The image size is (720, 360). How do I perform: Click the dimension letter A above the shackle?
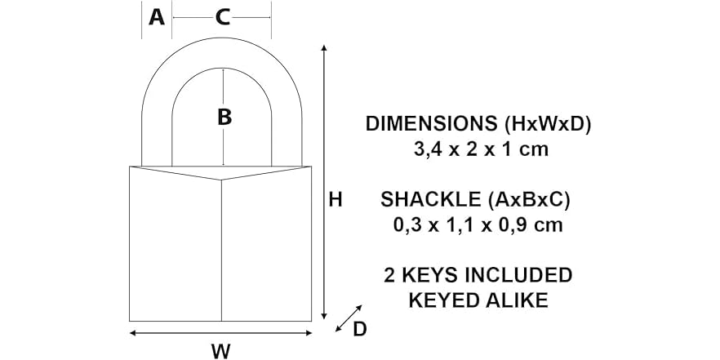(x=157, y=16)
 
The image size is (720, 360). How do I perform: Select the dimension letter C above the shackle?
(x=222, y=16)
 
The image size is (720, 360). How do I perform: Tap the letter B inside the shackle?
(x=224, y=118)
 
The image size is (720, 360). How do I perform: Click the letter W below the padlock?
(x=220, y=351)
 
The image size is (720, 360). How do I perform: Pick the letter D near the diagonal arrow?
(x=359, y=328)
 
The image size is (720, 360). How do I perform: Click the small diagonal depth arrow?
(x=349, y=318)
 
